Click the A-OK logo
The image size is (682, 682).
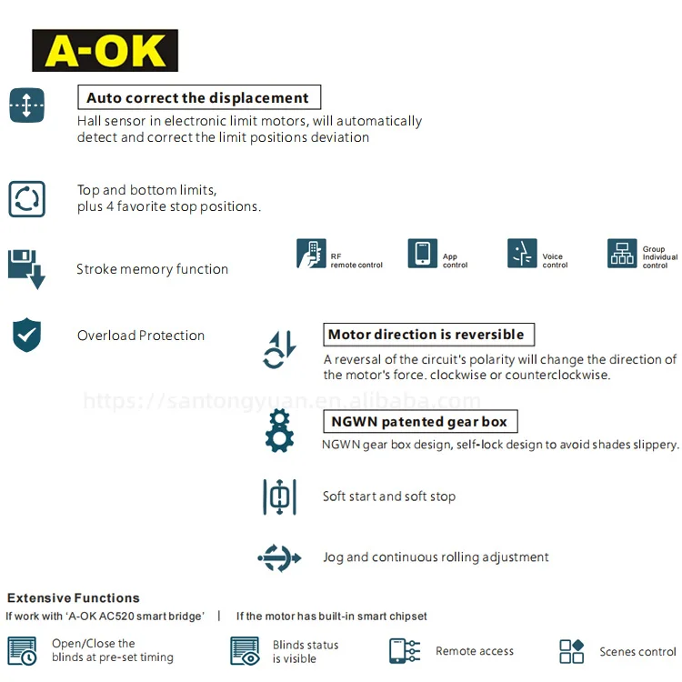(105, 51)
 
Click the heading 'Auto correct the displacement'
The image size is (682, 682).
(198, 98)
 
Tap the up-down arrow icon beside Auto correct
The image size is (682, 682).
(26, 105)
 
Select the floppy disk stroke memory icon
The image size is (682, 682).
(26, 268)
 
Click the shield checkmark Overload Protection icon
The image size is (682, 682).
(26, 335)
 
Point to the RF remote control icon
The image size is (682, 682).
(311, 254)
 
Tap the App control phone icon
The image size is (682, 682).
(423, 254)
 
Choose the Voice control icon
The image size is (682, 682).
(522, 254)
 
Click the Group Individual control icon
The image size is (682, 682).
(622, 254)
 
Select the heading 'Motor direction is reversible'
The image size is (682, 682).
(426, 335)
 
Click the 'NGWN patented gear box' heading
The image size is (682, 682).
(420, 422)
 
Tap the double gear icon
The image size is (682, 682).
(279, 431)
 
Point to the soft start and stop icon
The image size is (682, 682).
(279, 496)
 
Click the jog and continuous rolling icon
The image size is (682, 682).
(279, 557)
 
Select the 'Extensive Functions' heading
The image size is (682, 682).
(74, 598)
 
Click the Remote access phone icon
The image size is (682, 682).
(405, 651)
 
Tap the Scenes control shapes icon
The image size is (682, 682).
(572, 651)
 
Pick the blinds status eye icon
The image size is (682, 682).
(246, 651)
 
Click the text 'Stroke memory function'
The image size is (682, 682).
(152, 269)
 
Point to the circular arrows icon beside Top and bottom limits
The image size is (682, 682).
(26, 198)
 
